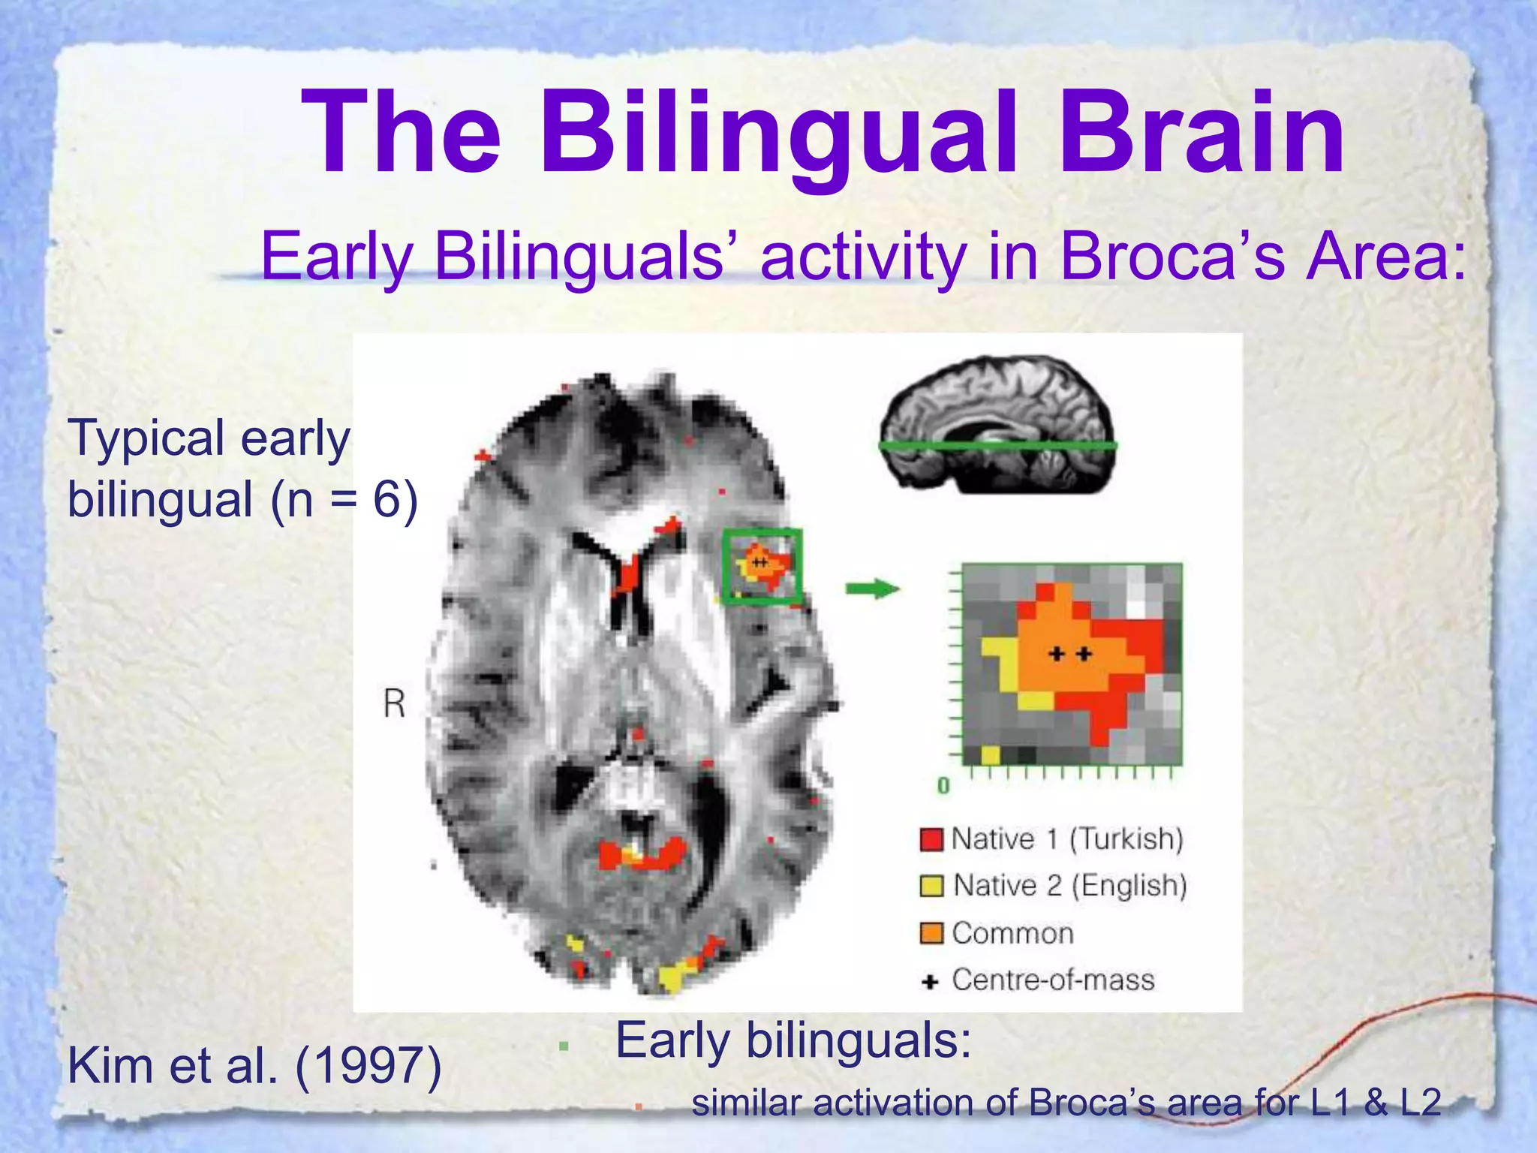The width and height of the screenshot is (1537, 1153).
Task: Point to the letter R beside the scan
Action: click(x=394, y=704)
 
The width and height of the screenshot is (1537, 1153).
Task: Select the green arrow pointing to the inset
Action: click(x=872, y=589)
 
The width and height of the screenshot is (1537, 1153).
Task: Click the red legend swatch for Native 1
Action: click(x=931, y=839)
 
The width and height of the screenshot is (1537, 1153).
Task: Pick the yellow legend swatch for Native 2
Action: click(x=931, y=887)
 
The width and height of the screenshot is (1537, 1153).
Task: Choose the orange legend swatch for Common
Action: click(x=931, y=934)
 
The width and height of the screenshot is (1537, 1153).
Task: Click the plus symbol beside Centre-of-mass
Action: click(x=931, y=981)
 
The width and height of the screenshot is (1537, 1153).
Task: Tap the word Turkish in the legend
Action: click(x=1126, y=839)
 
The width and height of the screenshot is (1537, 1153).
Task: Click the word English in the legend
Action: click(x=1129, y=887)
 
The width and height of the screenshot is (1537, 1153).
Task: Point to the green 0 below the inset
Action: click(x=943, y=786)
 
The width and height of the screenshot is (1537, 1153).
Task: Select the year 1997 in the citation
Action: click(x=368, y=1066)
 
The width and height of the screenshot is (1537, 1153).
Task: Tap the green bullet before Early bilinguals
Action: click(x=564, y=1046)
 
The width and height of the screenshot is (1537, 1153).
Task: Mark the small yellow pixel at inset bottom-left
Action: click(x=991, y=754)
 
